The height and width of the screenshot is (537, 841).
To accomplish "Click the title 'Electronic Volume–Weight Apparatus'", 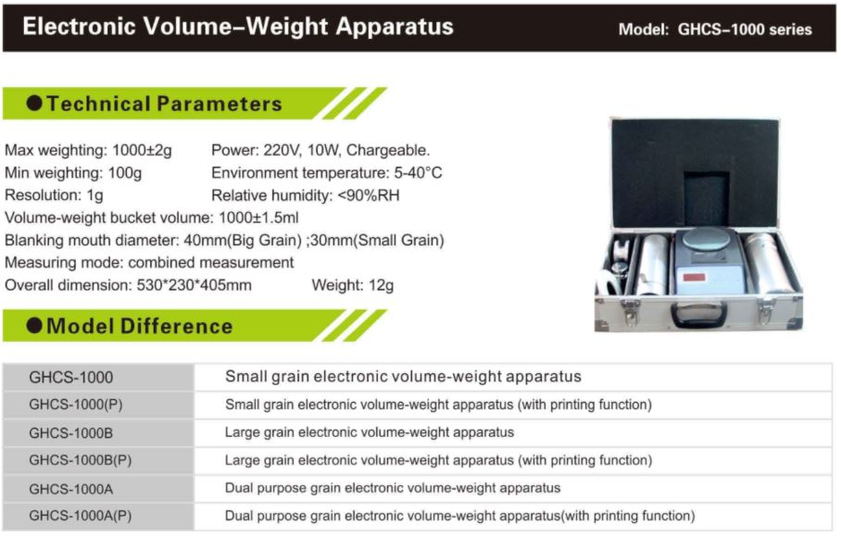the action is click(x=238, y=27).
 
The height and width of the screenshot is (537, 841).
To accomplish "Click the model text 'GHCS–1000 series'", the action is click(x=745, y=29).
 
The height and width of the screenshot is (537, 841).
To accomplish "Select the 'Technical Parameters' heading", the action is click(x=164, y=104).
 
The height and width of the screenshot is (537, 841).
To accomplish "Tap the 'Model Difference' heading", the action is click(x=140, y=326).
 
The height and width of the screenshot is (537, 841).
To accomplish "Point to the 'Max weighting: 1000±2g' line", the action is click(x=89, y=151).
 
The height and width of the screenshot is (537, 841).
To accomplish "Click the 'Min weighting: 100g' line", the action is click(x=73, y=173).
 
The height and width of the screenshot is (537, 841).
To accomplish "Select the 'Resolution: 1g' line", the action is click(x=54, y=195).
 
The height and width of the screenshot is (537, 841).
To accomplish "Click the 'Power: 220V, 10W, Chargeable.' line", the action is click(x=320, y=150).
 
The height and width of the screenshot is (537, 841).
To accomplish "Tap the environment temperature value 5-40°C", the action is click(x=419, y=172).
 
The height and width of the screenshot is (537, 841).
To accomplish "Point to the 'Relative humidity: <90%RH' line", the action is click(x=306, y=195).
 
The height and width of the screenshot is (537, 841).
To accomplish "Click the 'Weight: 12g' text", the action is click(x=352, y=285).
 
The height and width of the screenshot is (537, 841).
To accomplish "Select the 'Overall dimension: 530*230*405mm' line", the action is click(x=128, y=285).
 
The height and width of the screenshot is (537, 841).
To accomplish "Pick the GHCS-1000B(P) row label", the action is click(x=81, y=460).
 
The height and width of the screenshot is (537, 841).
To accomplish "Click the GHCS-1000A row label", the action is click(x=70, y=489).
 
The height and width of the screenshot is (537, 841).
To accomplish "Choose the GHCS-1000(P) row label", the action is click(x=76, y=405).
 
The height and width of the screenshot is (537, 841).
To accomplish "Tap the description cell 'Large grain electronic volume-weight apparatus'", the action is click(x=370, y=432).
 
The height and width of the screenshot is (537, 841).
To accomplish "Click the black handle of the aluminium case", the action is click(x=699, y=315).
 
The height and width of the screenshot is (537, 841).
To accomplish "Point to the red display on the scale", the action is click(x=694, y=278).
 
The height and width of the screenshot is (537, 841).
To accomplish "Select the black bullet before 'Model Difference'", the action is click(x=34, y=325).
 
